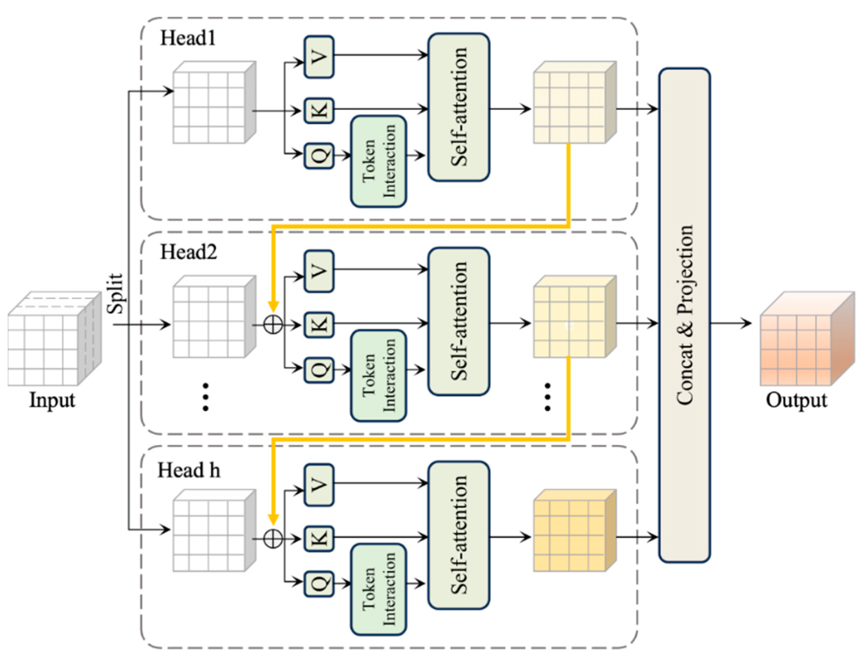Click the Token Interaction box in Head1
click(x=378, y=161)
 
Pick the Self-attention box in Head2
click(x=459, y=321)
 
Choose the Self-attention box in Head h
click(x=459, y=535)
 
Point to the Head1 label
click(x=188, y=38)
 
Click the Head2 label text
click(x=188, y=252)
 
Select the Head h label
click(x=188, y=470)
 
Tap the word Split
click(x=116, y=293)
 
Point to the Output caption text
click(x=797, y=400)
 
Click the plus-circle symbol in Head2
click(x=273, y=325)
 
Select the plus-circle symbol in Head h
click(x=273, y=539)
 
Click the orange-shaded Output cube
click(x=807, y=339)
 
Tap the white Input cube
click(x=55, y=339)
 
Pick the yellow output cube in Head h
click(x=575, y=530)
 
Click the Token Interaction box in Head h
click(x=378, y=589)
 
